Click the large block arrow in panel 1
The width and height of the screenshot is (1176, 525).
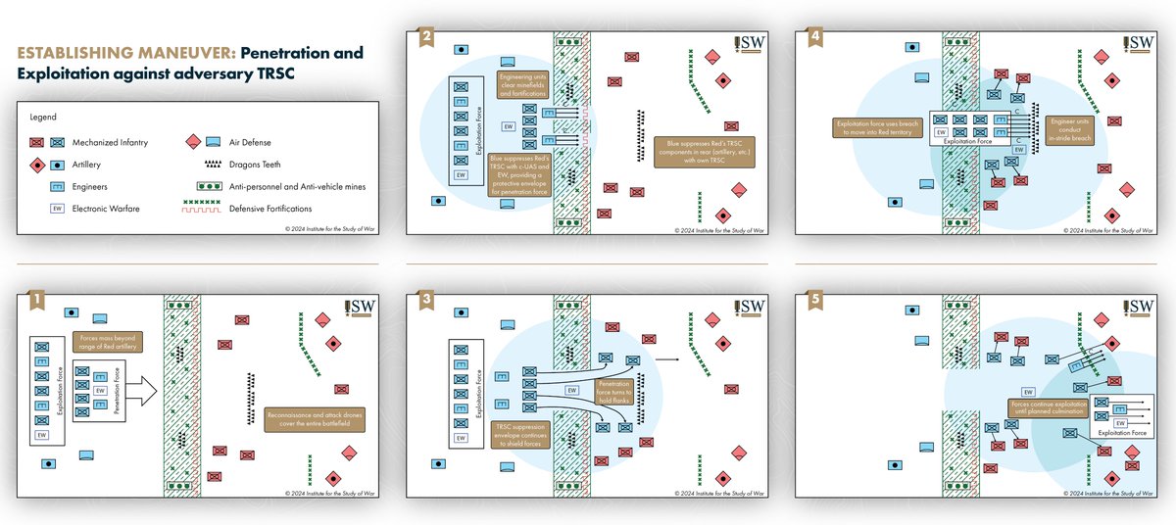pos(142,390)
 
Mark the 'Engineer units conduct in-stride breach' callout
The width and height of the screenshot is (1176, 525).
pos(1070,129)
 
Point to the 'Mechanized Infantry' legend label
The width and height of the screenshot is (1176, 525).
pos(109,142)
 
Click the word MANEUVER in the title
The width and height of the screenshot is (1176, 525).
pos(174,52)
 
